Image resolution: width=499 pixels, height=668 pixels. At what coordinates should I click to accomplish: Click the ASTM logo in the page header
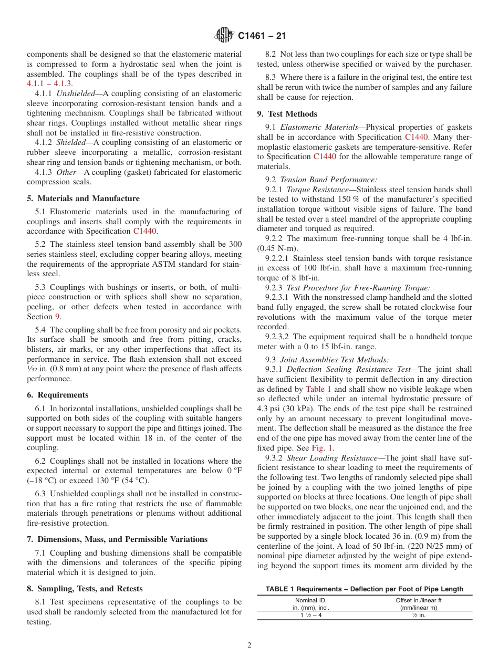pyautogui.click(x=224, y=36)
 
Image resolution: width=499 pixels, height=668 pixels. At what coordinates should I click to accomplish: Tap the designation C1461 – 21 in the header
pyautogui.click(x=262, y=36)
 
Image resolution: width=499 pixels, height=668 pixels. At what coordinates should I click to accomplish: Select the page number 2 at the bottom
pyautogui.click(x=250, y=645)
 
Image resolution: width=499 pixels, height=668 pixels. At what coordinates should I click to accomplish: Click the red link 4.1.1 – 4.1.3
pyautogui.click(x=49, y=83)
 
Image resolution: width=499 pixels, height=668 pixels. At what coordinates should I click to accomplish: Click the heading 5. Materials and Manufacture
pyautogui.click(x=83, y=199)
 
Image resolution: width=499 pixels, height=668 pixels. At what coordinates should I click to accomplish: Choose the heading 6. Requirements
pyautogui.click(x=58, y=395)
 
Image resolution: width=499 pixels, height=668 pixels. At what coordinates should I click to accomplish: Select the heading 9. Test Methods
pyautogui.click(x=287, y=113)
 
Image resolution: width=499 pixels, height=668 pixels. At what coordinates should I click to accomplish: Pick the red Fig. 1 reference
pyautogui.click(x=322, y=448)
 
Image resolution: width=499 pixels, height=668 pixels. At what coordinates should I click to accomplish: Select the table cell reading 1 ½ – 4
pyautogui.click(x=310, y=615)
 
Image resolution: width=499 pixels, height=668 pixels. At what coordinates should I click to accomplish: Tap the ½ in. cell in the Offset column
pyautogui.click(x=418, y=615)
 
